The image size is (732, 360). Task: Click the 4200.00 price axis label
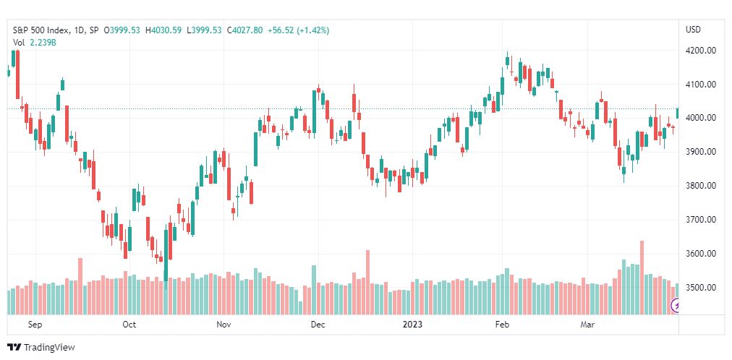tap(701, 51)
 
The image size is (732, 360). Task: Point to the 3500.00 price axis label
tap(701, 288)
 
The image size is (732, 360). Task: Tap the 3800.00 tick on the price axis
tap(701, 186)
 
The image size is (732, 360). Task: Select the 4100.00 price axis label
tap(701, 85)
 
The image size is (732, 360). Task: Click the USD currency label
tap(693, 30)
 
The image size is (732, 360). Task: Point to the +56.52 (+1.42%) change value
tap(298, 30)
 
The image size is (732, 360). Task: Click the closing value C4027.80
tap(245, 30)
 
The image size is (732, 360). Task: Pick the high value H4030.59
tap(163, 30)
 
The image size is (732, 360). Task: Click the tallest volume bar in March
tap(642, 278)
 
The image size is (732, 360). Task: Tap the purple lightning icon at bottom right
tap(675, 306)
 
